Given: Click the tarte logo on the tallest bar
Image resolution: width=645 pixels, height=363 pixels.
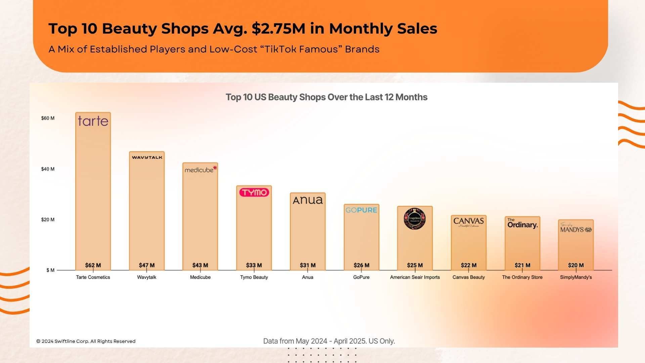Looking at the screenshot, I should tap(93, 121).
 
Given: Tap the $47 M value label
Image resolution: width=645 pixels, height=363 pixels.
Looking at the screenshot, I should tap(147, 265).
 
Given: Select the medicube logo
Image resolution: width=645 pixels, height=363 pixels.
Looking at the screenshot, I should tap(201, 170).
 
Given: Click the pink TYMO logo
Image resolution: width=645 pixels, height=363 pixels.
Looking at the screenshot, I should tap(254, 192).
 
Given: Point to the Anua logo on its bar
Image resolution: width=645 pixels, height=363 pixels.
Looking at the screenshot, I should tap(308, 200).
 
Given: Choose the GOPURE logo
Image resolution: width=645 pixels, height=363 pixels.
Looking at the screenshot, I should tap(361, 210).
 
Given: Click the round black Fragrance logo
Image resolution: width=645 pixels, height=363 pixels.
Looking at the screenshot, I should tap(415, 219).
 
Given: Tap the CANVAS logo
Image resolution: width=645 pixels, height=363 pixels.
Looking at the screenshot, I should tap(468, 221).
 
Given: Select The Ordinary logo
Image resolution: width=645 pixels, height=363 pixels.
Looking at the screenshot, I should tap(522, 224).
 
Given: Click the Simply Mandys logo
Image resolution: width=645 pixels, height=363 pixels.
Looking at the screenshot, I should tap(576, 228).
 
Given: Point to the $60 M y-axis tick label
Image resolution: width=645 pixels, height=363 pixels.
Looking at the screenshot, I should tap(48, 118).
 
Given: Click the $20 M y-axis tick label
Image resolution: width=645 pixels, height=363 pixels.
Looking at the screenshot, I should tap(48, 220).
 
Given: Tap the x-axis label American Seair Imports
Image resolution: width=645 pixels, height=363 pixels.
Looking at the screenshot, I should tap(415, 277).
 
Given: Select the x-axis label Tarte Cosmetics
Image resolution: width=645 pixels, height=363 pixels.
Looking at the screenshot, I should tap(93, 277).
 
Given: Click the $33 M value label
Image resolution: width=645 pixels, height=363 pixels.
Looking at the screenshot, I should tap(254, 265).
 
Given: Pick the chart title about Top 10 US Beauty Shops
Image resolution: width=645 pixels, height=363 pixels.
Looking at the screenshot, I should tap(326, 97).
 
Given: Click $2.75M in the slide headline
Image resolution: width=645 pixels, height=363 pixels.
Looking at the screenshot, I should tap(278, 29).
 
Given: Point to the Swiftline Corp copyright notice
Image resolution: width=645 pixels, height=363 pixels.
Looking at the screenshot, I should tap(86, 341).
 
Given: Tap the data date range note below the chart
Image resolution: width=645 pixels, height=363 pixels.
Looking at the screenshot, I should tap(329, 341).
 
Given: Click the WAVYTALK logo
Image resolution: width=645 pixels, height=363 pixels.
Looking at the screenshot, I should tap(147, 157).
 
